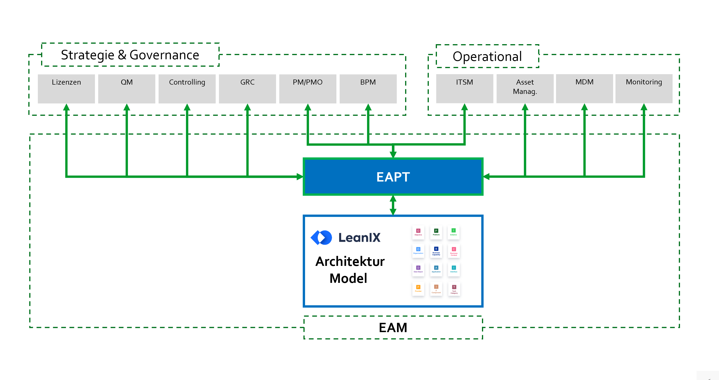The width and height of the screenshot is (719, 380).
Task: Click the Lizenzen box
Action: (x=66, y=89)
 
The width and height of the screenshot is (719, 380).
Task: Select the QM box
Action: (x=127, y=89)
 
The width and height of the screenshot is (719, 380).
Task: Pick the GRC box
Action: (x=247, y=89)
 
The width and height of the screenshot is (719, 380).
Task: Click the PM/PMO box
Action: (x=308, y=89)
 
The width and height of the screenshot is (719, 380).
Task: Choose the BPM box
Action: (x=368, y=89)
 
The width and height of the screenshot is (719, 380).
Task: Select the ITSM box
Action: (x=465, y=89)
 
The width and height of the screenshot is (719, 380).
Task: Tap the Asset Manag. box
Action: (x=525, y=89)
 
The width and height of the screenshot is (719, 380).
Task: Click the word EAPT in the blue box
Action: (x=393, y=177)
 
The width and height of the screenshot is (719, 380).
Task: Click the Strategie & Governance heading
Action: (x=130, y=55)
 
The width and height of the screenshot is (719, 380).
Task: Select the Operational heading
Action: (x=487, y=56)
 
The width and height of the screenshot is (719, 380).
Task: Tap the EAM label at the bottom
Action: (x=393, y=327)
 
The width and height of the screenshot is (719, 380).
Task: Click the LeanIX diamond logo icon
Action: (x=321, y=238)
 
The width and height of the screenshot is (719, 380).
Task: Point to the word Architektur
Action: (x=350, y=261)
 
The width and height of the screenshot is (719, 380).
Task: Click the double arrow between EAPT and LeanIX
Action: (x=393, y=205)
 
